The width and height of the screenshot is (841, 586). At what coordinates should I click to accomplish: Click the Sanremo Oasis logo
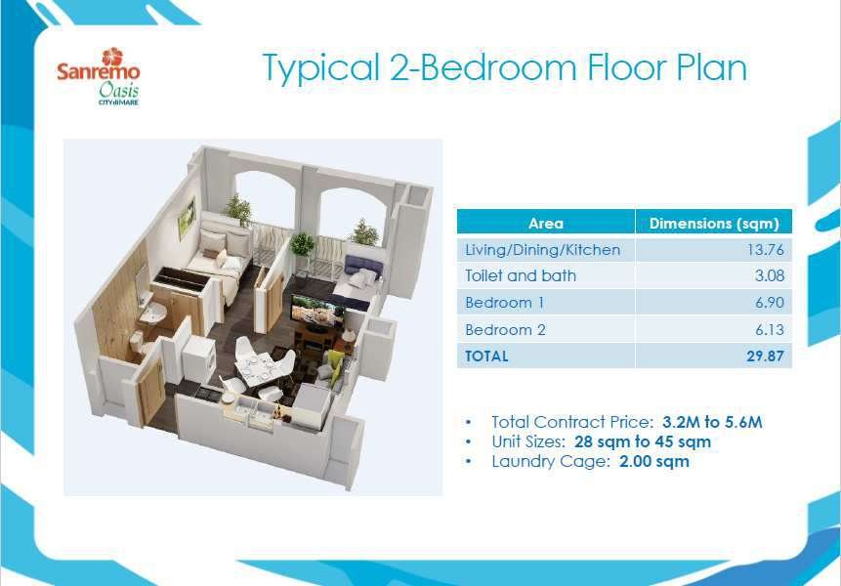coord(98,77)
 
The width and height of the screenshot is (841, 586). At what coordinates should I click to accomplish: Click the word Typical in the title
coord(321,69)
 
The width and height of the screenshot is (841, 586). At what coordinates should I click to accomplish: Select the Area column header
coord(545,223)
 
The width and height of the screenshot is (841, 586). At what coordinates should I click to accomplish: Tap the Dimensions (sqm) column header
coord(714,223)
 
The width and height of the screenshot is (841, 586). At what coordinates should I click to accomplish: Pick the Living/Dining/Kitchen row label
coord(542,250)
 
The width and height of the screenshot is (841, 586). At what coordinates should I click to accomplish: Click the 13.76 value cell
coord(766,249)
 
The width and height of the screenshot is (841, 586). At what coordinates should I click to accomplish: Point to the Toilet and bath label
coord(521,275)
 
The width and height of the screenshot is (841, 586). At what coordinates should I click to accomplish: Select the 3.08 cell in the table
coord(769,275)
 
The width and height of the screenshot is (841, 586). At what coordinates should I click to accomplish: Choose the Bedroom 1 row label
coord(504,303)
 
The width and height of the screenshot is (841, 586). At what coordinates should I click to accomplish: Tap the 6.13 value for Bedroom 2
coord(769,329)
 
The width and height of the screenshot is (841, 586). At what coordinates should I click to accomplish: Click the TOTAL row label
coord(486,356)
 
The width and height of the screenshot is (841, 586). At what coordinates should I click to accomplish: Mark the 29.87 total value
coord(765,356)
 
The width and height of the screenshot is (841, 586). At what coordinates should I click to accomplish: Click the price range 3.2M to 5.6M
coord(712,422)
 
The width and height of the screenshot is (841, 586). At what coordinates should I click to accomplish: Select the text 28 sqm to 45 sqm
coord(643,441)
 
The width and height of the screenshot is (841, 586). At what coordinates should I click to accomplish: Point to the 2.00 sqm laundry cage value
coord(653,461)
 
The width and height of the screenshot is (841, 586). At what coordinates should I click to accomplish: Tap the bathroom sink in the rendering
coord(152,313)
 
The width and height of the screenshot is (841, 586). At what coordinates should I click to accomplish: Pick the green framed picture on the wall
coord(187,218)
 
